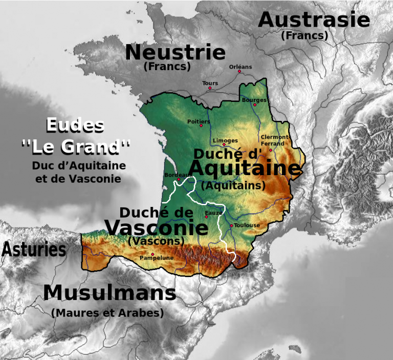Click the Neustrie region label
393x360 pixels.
pyautogui.click(x=175, y=52)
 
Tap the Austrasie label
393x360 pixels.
pyautogui.click(x=314, y=20)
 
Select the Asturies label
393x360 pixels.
pyautogui.click(x=34, y=250)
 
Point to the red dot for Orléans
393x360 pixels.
pyautogui.click(x=239, y=72)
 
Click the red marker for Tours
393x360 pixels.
pyautogui.click(x=210, y=88)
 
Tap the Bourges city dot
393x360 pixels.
pyautogui.click(x=254, y=105)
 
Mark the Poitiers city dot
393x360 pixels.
pyautogui.click(x=201, y=125)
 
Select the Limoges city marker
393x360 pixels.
pyautogui.click(x=224, y=144)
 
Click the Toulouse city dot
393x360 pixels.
pyautogui.click(x=231, y=225)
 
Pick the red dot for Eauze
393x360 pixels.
pyautogui.click(x=206, y=217)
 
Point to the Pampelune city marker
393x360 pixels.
pyautogui.click(x=152, y=254)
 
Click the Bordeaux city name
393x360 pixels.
pyautogui.click(x=178, y=175)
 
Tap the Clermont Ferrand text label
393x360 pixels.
pyautogui.click(x=274, y=140)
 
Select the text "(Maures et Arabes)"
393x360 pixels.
pyautogui.click(x=107, y=312)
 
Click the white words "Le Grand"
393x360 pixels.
pyautogui.click(x=76, y=147)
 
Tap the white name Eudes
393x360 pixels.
pyautogui.click(x=75, y=125)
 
